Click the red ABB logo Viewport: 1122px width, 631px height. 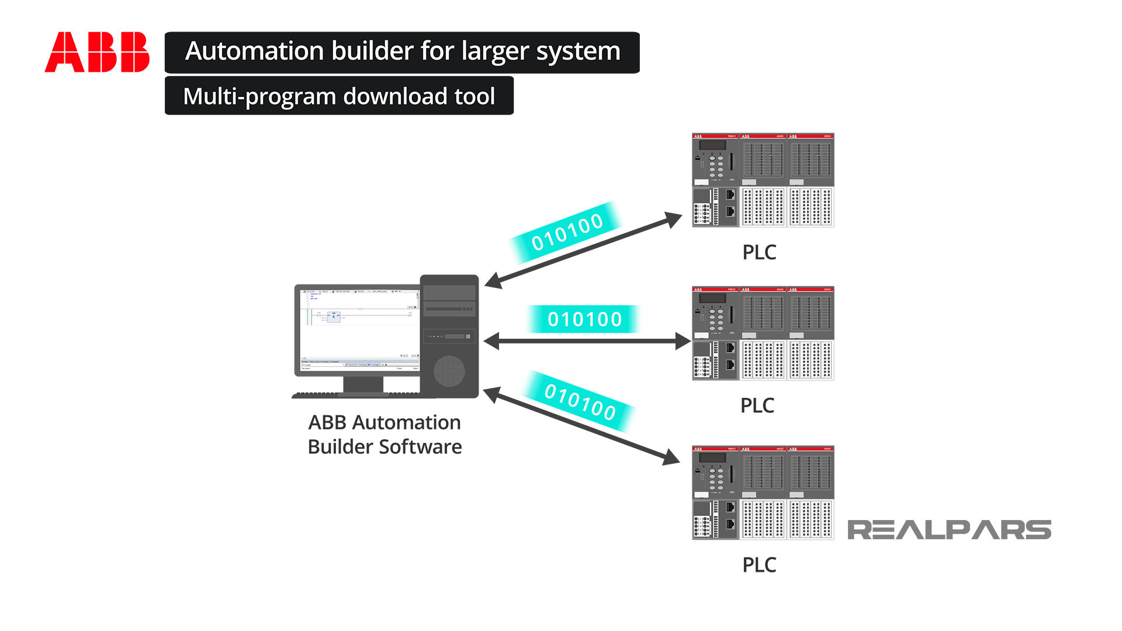coord(97,52)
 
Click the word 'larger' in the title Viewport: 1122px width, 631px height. coord(495,51)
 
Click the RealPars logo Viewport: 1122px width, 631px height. coord(949,530)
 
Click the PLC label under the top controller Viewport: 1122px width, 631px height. coord(759,252)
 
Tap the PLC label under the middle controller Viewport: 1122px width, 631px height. coord(757,405)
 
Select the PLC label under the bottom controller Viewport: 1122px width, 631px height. coord(759,565)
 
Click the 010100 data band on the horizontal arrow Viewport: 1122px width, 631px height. coord(584,319)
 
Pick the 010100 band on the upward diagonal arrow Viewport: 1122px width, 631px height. coord(566,232)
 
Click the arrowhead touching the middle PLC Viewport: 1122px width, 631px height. coord(683,341)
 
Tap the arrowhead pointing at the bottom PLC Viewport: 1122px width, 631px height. coord(671,457)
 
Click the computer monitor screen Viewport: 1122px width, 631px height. coord(359,330)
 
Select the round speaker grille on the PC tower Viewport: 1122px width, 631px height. coord(449,371)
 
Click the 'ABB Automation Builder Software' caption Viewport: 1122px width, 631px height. coord(385,435)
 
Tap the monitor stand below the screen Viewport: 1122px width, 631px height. coord(363,384)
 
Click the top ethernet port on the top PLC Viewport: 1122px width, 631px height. coord(730,195)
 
